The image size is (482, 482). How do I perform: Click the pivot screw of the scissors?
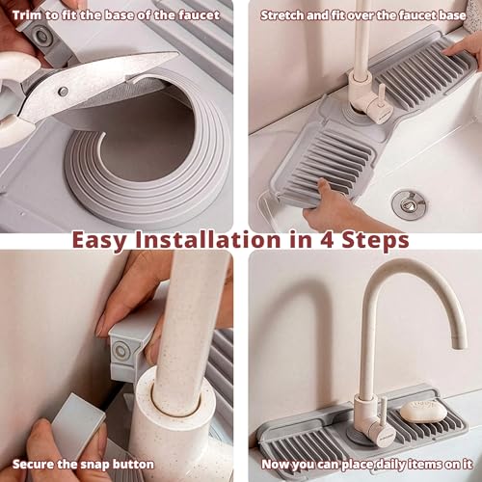tap(63, 91)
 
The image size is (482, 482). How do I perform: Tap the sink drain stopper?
tap(409, 204)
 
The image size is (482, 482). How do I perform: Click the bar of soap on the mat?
tap(423, 412)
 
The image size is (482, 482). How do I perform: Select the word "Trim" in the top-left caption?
tap(27, 15)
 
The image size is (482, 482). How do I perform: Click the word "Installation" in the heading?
tap(207, 240)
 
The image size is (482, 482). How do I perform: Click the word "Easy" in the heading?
tap(99, 241)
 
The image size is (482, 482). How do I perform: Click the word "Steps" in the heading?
tap(375, 240)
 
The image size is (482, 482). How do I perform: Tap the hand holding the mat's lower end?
tap(331, 209)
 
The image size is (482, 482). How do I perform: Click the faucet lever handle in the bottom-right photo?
tap(384, 411)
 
